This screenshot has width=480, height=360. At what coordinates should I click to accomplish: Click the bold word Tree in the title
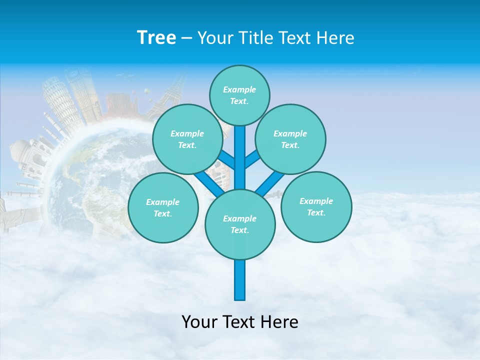156,37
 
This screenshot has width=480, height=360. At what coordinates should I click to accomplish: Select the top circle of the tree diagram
239,95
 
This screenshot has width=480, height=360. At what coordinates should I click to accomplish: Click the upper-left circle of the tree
187,139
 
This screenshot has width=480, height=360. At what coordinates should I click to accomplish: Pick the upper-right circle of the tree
290,139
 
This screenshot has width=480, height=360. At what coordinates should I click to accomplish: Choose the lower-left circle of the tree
162,207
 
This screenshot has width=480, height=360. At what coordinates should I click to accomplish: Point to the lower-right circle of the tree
316,206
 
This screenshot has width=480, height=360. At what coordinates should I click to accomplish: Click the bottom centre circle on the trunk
239,224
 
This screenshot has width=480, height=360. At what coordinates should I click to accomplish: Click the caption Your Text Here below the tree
239,322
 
